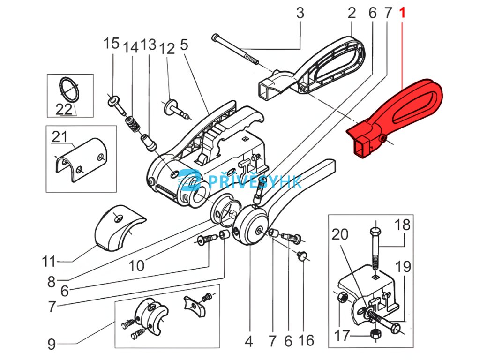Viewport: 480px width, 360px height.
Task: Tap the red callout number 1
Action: [402, 13]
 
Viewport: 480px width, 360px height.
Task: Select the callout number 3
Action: [300, 13]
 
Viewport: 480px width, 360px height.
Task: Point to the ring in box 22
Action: [70, 89]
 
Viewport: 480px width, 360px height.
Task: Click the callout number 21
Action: [60, 137]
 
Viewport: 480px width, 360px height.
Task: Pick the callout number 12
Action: [167, 49]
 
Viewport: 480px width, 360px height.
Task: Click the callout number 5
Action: [184, 45]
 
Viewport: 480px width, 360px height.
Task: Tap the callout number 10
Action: [136, 266]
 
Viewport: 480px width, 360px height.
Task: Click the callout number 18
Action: [402, 225]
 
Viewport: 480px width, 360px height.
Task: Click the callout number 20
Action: [341, 234]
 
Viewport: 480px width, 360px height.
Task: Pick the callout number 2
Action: [352, 13]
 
